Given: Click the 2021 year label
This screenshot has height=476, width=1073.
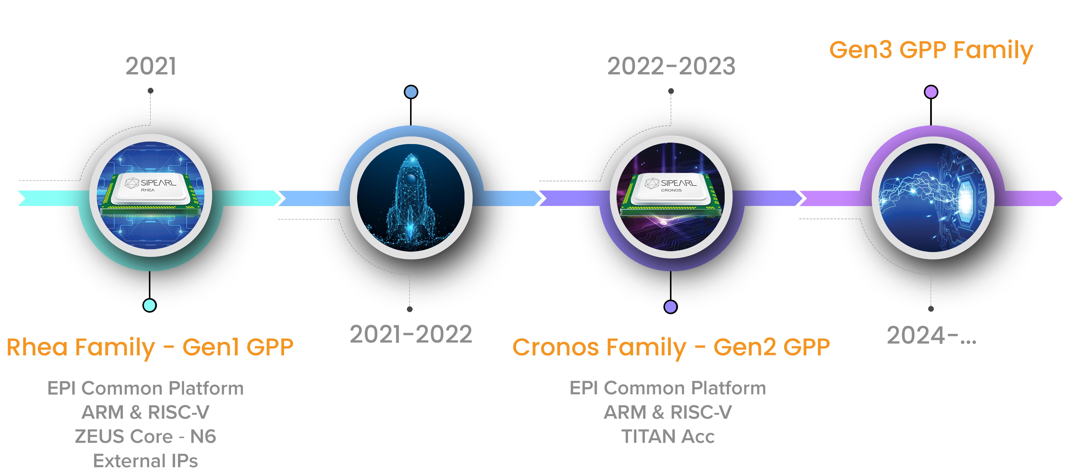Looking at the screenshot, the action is point(151,66).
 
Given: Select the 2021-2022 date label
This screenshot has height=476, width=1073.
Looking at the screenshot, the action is point(411,334).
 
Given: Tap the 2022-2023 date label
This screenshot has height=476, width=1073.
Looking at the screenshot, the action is point(671,66).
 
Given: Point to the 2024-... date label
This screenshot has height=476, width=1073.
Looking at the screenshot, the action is point(931,336).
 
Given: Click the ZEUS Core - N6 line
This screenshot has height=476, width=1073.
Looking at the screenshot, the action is point(145,436).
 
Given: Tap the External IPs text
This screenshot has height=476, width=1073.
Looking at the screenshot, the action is point(145,461).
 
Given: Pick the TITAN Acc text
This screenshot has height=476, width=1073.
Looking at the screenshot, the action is point(668,436).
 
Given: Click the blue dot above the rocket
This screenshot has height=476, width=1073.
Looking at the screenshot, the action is point(411,92).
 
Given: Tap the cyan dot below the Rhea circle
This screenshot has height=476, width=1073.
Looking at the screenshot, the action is point(149,305).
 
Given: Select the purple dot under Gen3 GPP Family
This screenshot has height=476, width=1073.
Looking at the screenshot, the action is point(931,92).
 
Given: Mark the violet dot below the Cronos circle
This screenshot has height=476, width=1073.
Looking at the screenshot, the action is point(671,307).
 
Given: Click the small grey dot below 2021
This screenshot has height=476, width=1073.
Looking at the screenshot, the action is point(151,90).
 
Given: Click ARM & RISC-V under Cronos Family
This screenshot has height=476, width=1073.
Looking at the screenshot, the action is point(668,412).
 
